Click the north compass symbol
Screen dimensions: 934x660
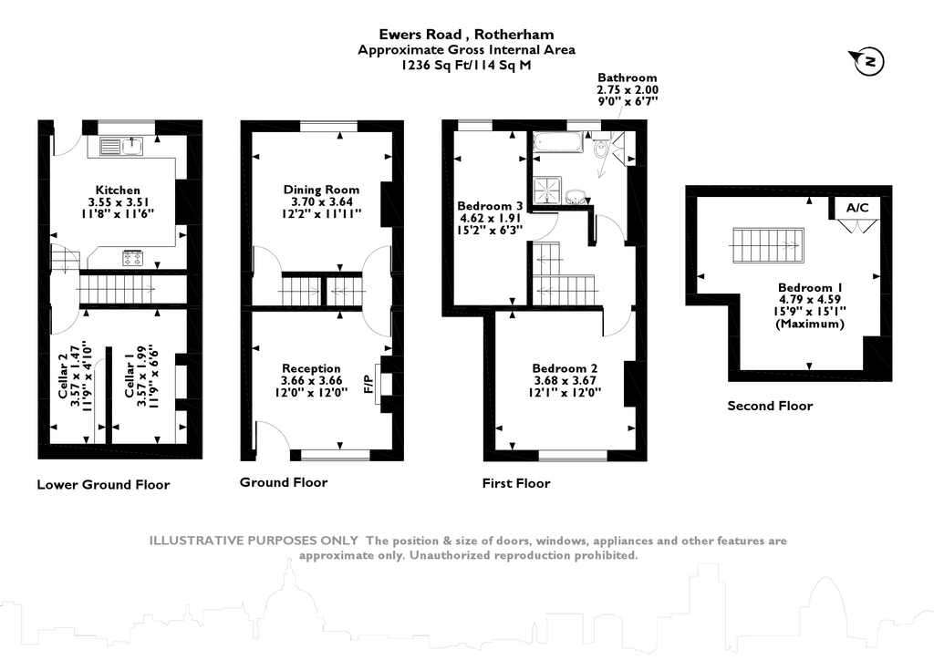point(869,61)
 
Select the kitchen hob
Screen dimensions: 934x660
point(131,257)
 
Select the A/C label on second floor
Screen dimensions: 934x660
point(857,208)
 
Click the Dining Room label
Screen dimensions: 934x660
point(322,190)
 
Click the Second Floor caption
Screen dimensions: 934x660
point(769,406)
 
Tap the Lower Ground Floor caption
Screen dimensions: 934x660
point(103,484)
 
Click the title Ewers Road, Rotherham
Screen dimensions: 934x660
point(466,36)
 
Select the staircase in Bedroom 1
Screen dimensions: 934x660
point(766,244)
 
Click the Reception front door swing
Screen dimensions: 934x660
point(272,437)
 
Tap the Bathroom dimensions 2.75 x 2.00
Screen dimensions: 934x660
point(627,90)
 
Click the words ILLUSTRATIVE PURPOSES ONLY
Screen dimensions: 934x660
point(254,541)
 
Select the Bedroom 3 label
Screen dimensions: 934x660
point(490,206)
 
